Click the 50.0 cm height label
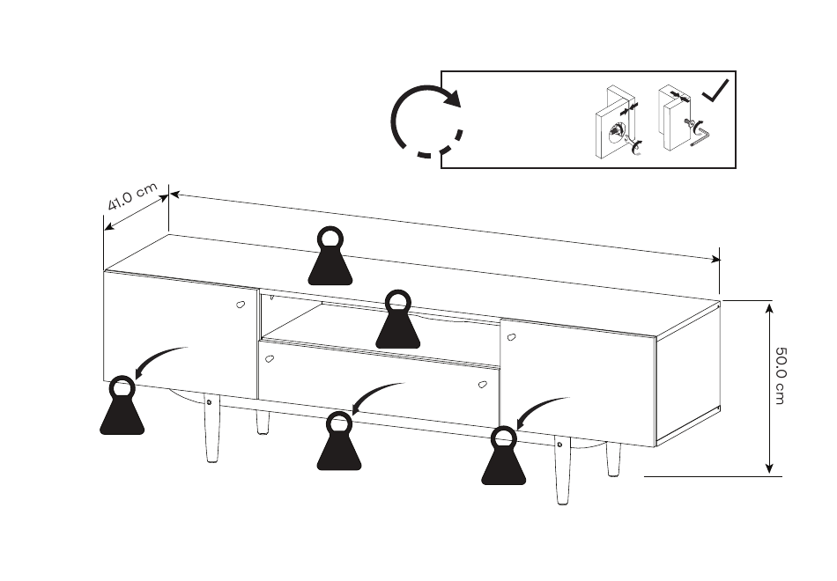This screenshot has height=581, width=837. [x=781, y=374]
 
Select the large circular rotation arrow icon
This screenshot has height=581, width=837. [x=427, y=121]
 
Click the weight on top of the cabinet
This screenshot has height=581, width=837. [x=330, y=259]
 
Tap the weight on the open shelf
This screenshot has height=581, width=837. [x=397, y=320]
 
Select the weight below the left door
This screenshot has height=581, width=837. [x=122, y=408]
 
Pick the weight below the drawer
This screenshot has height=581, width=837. [x=339, y=444]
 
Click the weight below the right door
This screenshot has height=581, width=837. [x=503, y=459]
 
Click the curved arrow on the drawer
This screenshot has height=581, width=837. [x=375, y=396]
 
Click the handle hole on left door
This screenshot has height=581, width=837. [x=241, y=305]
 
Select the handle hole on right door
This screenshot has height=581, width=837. [x=511, y=336]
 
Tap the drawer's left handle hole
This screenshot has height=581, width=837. [x=270, y=358]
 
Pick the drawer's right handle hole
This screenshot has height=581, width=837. [x=482, y=383]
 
